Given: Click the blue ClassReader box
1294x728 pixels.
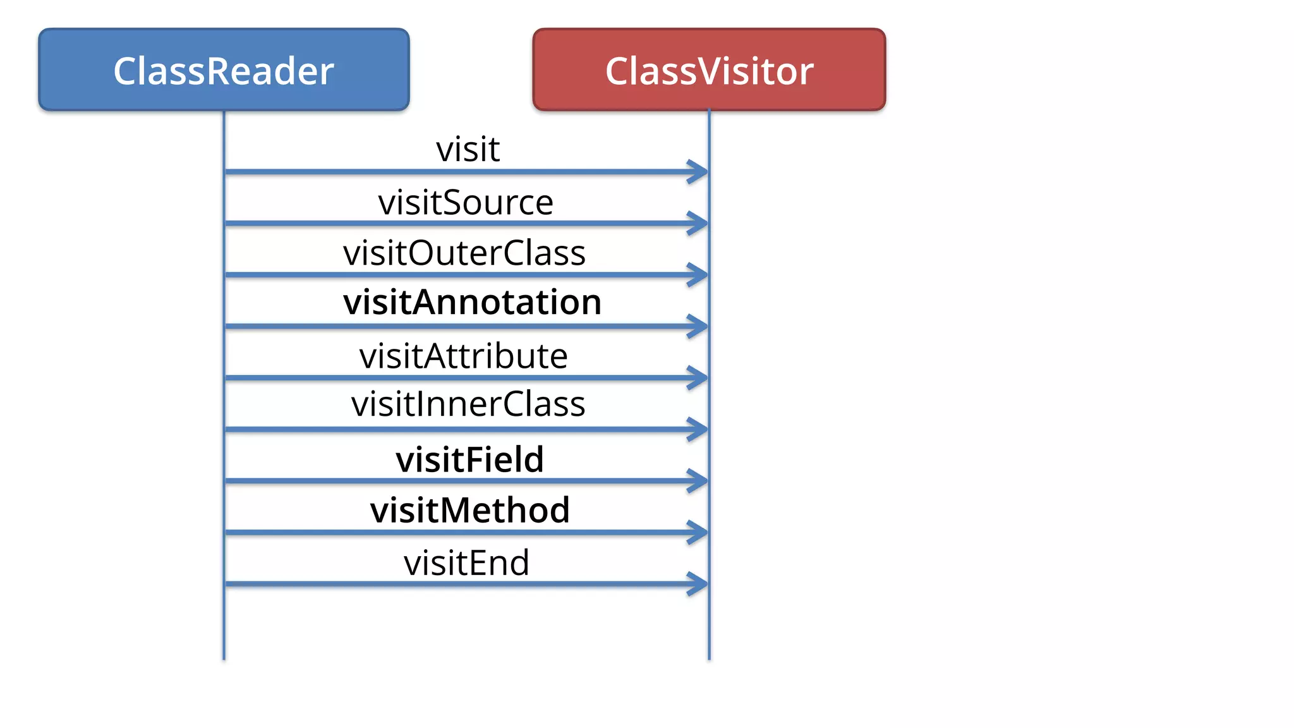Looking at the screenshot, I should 224,70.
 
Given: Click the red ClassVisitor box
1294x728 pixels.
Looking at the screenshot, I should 709,70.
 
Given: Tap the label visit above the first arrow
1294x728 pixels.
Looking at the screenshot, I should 468,150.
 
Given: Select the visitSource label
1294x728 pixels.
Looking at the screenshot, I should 466,203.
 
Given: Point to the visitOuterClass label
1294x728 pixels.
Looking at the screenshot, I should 464,253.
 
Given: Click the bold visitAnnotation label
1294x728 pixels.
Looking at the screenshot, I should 472,302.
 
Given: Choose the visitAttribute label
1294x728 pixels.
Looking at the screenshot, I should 463,356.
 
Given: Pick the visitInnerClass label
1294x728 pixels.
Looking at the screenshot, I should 468,404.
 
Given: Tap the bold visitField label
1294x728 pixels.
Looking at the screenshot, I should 469,459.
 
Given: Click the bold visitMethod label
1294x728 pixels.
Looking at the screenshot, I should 470,510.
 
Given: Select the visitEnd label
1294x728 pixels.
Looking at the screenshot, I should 466,563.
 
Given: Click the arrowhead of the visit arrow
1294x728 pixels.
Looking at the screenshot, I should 699,171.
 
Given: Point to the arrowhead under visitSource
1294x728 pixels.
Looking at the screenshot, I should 699,223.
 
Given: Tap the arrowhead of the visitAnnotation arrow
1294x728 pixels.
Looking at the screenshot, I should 699,326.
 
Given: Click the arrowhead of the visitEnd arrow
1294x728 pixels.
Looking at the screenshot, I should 699,584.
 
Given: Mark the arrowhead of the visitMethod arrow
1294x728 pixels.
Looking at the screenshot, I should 699,532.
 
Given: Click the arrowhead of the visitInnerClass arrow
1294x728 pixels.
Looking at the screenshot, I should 699,429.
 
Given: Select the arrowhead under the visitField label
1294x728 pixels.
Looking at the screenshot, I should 699,481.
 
